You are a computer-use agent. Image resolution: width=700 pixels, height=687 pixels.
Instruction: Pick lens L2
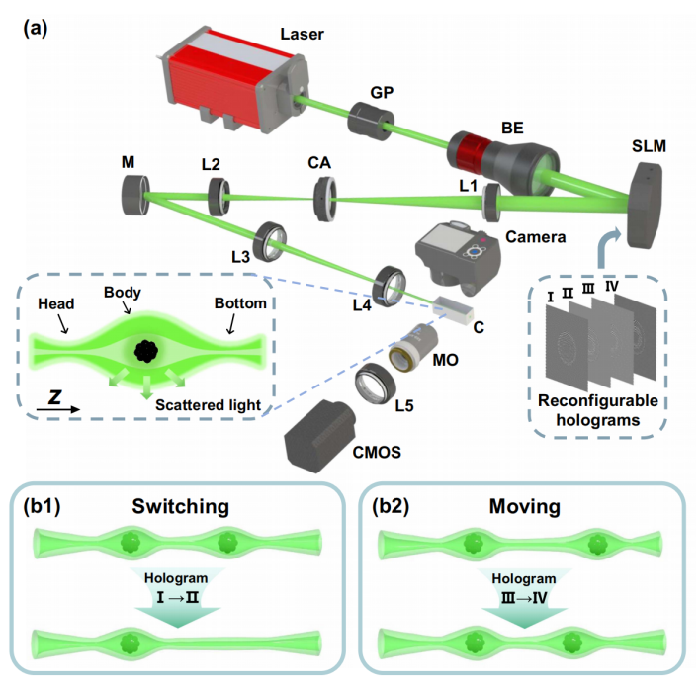point(219,191)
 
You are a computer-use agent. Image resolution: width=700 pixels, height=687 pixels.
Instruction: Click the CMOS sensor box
point(322,436)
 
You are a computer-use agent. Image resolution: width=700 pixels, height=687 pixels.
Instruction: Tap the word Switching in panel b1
point(179,508)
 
